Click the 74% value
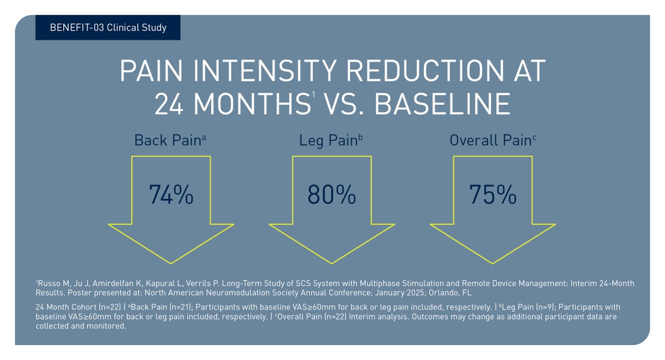[x=171, y=194]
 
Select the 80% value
[x=331, y=194]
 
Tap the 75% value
[x=493, y=194]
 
